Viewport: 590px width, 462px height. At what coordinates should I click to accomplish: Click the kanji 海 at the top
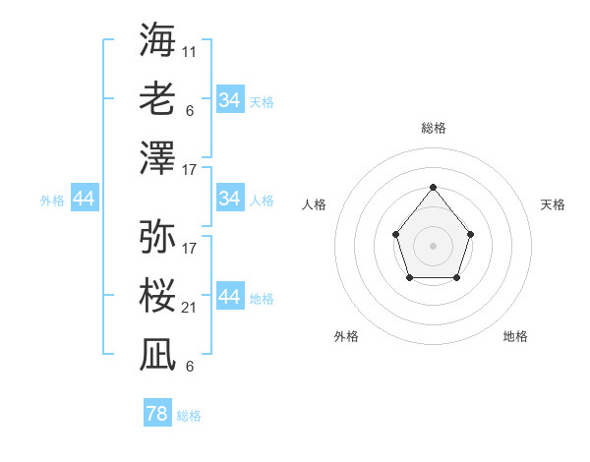157,39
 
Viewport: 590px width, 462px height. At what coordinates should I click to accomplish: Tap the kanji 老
157,98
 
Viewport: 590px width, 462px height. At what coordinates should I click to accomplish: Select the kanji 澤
157,157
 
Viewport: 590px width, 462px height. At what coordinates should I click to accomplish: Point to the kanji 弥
157,236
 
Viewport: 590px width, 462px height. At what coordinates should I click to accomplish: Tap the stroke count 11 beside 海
189,51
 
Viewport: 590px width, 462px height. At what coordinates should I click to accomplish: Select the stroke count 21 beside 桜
189,308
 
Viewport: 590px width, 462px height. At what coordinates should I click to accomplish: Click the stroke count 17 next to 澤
189,170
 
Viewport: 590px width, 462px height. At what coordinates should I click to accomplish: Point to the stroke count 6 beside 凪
189,367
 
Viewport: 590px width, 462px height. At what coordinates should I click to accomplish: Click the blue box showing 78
157,414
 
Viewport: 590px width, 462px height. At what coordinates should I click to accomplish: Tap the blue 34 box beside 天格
229,100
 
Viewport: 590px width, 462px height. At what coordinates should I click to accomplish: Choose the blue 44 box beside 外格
85,200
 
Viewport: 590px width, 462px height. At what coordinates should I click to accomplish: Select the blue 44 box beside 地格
229,297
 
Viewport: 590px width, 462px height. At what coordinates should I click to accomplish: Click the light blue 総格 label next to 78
189,416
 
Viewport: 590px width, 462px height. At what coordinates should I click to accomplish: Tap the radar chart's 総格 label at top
433,128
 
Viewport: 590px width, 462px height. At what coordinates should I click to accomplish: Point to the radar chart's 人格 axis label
315,204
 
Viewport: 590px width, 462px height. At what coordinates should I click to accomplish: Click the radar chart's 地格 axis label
515,336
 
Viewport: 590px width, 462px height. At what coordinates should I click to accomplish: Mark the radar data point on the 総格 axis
433,187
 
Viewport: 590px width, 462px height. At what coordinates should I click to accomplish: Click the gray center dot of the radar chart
433,245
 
